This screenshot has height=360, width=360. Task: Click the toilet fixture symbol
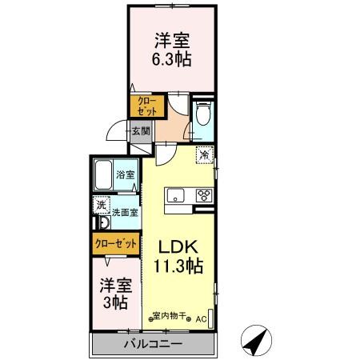coord(202,114)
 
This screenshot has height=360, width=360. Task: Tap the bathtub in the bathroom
coord(102,174)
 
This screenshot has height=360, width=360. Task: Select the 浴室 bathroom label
coord(125,174)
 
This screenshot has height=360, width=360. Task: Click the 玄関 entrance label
coord(141,131)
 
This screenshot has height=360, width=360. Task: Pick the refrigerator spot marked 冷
coord(204,155)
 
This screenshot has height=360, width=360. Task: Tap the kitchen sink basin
coord(174,195)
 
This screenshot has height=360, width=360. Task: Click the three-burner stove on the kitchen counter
coord(203,195)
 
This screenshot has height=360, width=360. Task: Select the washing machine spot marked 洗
coord(101,206)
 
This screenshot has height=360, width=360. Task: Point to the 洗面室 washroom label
coord(124,213)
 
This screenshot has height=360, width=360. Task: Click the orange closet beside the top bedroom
coord(149,105)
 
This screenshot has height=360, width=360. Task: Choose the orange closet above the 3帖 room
coord(114,242)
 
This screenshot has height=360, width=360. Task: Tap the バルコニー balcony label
coord(153,344)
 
